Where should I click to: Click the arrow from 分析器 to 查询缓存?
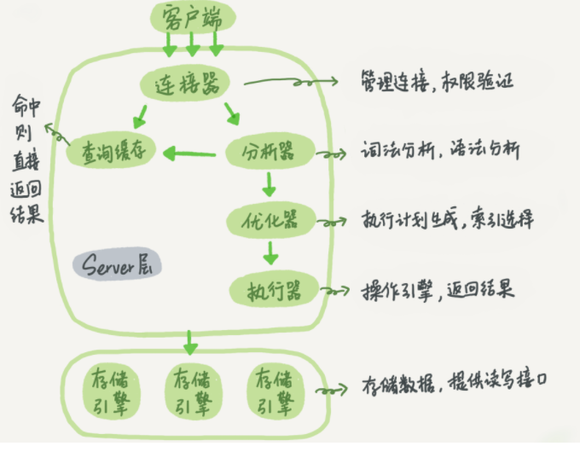tap(189, 154)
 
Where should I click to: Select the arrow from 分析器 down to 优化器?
tap(269, 184)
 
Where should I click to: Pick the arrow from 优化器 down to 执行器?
tap(270, 252)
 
